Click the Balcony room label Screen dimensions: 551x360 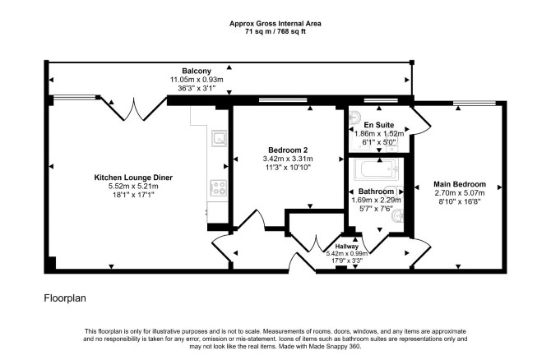[197, 71]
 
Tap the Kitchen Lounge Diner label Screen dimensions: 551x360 [133, 178]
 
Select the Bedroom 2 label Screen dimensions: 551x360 [288, 150]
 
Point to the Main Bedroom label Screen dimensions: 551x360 [460, 184]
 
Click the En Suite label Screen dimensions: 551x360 [379, 125]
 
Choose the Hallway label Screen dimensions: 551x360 [346, 247]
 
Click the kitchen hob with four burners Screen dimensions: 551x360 [218, 187]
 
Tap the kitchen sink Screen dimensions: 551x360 [219, 138]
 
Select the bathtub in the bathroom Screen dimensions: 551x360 [376, 169]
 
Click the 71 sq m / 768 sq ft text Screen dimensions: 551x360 [275, 31]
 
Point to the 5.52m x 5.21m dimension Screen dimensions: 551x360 [133, 186]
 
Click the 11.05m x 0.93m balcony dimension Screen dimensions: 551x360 [197, 80]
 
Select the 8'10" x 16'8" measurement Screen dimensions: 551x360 [460, 201]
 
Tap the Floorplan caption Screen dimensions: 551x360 [65, 298]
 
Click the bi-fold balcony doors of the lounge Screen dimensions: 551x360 [133, 108]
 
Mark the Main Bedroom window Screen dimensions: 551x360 [475, 103]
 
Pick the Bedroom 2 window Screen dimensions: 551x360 [283, 100]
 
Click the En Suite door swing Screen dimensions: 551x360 [420, 120]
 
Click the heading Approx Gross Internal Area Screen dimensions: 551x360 [275, 24]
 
